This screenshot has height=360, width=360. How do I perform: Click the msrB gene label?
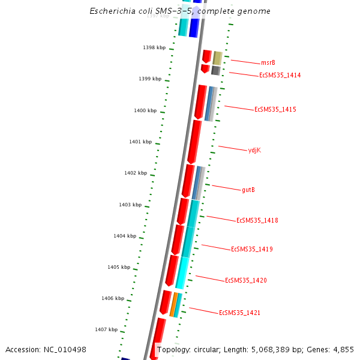point(268,62)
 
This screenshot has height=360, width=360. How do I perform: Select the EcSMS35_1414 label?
point(280,76)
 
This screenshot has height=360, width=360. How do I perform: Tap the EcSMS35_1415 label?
point(275,109)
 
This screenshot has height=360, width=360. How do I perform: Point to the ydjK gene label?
point(254,150)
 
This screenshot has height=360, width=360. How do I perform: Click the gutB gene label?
point(248,190)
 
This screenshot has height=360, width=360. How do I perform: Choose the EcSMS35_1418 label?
point(257,220)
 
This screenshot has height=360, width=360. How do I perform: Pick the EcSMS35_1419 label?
point(251,249)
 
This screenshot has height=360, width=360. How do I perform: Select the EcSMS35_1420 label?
point(245,280)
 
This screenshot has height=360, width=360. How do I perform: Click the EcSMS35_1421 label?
point(239,313)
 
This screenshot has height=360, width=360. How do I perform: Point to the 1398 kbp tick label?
point(154,47)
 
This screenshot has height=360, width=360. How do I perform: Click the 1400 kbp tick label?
point(145,110)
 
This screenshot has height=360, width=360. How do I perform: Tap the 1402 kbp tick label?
point(135,173)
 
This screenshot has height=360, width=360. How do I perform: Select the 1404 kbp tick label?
point(125,236)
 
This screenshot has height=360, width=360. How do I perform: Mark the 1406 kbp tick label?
point(113,298)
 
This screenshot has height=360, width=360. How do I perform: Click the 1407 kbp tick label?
point(106,329)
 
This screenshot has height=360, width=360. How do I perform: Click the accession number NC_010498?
point(65,349)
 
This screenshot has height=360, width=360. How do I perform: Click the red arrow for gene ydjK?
point(194,141)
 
